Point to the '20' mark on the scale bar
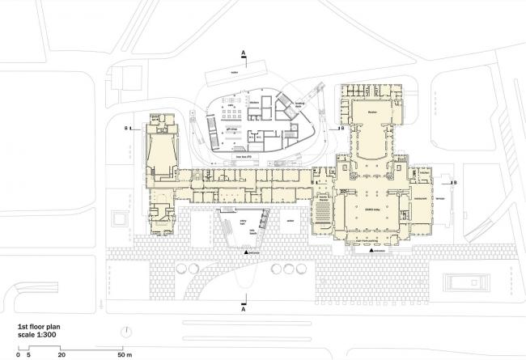(x=62, y=354)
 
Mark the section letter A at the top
(x=243, y=52)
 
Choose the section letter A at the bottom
(x=243, y=307)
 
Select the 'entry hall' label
(x=241, y=220)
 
